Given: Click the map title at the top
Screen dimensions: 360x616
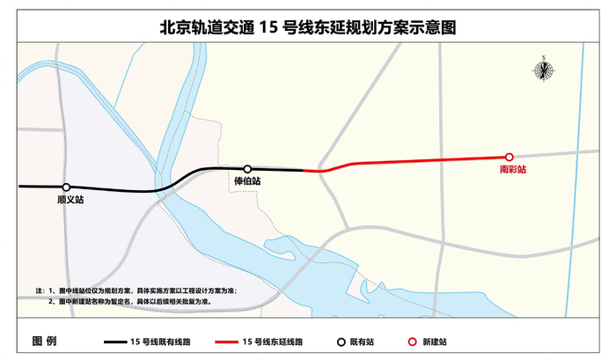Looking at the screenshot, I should tap(307, 27).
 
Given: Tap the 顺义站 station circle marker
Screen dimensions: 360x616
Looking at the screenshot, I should tap(66, 187).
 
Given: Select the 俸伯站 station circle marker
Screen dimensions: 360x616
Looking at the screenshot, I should tap(247, 168).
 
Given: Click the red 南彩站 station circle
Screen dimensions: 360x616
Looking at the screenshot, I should tap(509, 157).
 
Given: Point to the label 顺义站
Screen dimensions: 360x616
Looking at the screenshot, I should tap(66, 201).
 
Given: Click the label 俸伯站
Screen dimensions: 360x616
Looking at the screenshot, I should tap(247, 181).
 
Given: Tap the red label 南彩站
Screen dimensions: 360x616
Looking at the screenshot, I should tap(511, 169).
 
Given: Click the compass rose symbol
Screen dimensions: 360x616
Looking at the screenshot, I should tap(544, 69).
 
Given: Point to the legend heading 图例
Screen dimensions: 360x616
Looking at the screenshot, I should tap(44, 341).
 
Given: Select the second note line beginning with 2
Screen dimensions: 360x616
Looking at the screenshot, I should tap(132, 301).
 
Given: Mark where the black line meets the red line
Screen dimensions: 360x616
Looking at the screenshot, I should tap(305, 170).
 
